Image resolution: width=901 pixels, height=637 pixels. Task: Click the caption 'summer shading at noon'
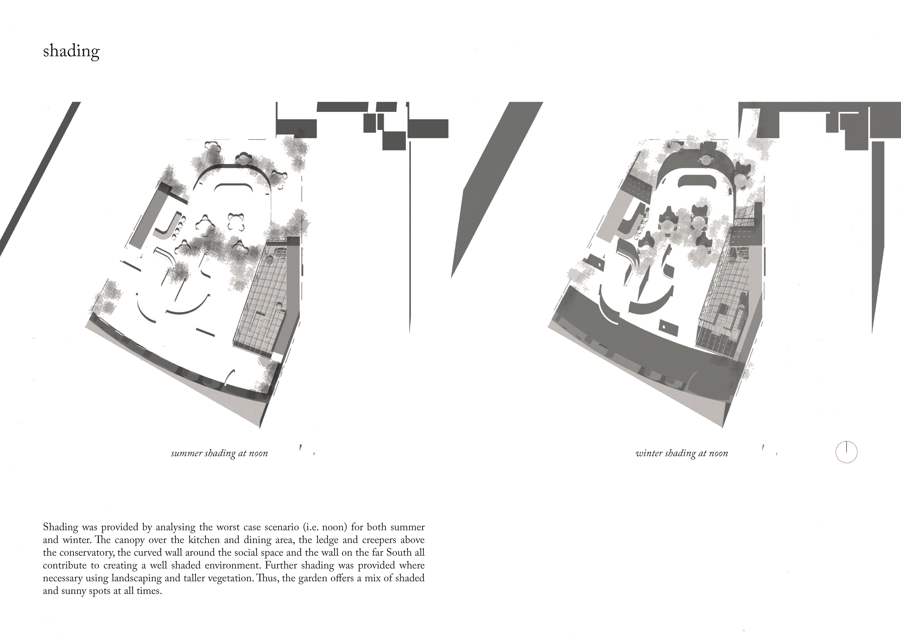point(219,453)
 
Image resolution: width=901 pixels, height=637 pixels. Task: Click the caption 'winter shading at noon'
point(682,453)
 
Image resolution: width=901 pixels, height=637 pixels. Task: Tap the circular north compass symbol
point(846,452)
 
